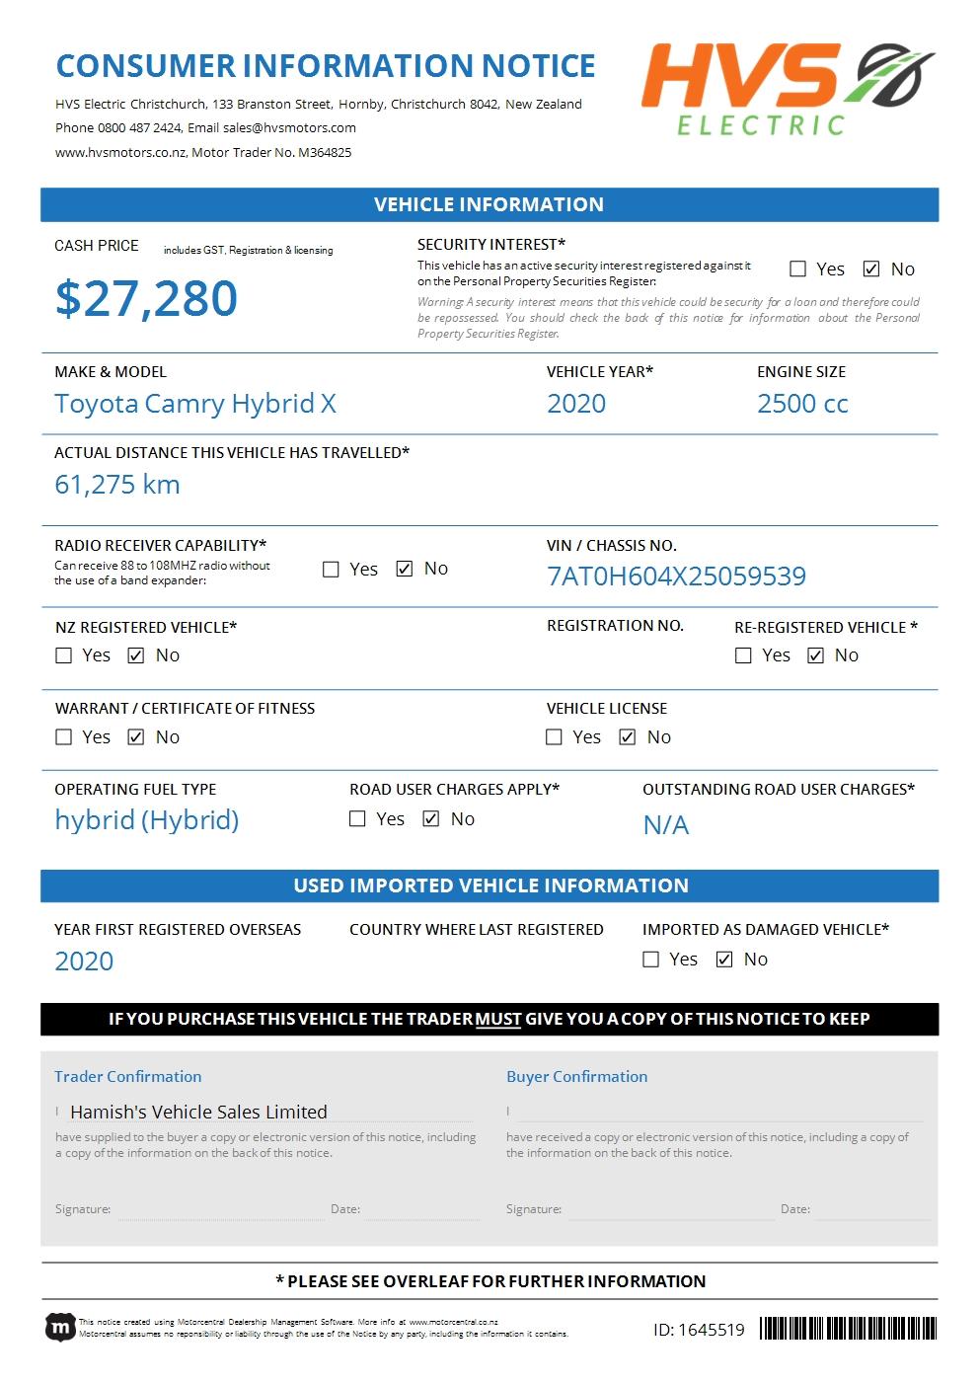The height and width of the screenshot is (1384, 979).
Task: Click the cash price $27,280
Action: tap(146, 298)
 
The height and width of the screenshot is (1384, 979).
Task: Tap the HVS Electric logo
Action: tap(787, 89)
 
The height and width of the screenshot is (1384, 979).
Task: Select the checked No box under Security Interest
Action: tap(871, 269)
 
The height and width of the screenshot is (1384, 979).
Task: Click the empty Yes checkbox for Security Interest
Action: tap(798, 269)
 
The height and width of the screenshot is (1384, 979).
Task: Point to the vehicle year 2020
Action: tap(576, 404)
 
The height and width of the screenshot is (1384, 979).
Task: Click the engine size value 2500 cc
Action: tap(802, 404)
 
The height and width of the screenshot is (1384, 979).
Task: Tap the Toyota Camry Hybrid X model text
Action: tap(195, 404)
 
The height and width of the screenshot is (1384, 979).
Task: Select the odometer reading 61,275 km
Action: tap(117, 485)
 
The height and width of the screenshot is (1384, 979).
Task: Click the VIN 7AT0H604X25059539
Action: tap(676, 577)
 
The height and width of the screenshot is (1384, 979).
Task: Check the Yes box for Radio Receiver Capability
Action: tap(332, 570)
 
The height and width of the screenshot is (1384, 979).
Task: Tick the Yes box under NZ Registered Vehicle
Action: tap(64, 655)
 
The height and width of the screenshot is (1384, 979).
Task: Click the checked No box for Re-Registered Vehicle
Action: tap(816, 655)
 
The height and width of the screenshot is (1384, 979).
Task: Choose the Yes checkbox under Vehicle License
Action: tap(555, 737)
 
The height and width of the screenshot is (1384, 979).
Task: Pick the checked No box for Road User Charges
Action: tap(431, 819)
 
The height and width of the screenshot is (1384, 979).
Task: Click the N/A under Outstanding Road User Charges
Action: tap(666, 825)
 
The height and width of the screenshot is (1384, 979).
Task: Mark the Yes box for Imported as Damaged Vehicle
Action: tap(651, 960)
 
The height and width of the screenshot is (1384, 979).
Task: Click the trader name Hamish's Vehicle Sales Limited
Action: tap(198, 1112)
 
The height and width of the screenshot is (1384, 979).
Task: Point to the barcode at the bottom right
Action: tap(848, 1328)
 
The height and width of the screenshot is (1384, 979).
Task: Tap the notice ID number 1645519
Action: tap(699, 1330)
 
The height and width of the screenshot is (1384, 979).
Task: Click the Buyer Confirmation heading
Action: tap(576, 1076)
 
